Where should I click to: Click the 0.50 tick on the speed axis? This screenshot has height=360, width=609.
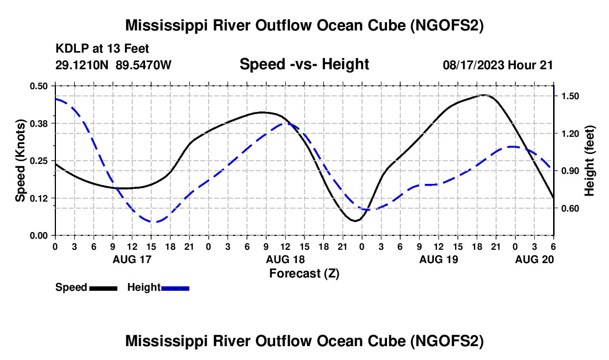pyautogui.click(x=40, y=86)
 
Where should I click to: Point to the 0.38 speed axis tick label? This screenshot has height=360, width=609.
pyautogui.click(x=40, y=123)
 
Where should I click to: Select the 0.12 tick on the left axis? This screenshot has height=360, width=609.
pyautogui.click(x=40, y=198)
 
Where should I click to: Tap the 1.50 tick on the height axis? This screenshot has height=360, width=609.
pyautogui.click(x=570, y=96)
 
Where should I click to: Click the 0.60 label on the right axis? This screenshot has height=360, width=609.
pyautogui.click(x=570, y=209)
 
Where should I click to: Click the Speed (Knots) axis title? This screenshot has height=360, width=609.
pyautogui.click(x=20, y=160)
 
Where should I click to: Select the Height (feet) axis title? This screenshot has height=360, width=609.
pyautogui.click(x=590, y=160)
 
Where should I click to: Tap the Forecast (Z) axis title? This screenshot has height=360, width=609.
pyautogui.click(x=304, y=272)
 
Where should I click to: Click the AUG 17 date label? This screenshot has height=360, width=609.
pyautogui.click(x=132, y=259)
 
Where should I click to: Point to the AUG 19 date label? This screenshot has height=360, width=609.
pyautogui.click(x=438, y=259)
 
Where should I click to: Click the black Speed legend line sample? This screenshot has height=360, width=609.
pyautogui.click(x=103, y=288)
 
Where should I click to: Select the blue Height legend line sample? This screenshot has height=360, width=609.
pyautogui.click(x=176, y=288)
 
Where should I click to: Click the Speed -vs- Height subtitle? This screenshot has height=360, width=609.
pyautogui.click(x=304, y=65)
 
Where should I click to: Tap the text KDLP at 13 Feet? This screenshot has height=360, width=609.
pyautogui.click(x=102, y=49)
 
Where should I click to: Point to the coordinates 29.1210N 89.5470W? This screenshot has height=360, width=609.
pyautogui.click(x=113, y=65)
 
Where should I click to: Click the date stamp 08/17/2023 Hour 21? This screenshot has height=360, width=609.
pyautogui.click(x=498, y=65)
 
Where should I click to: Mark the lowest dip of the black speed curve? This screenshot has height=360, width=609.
pyautogui.click(x=355, y=220)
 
